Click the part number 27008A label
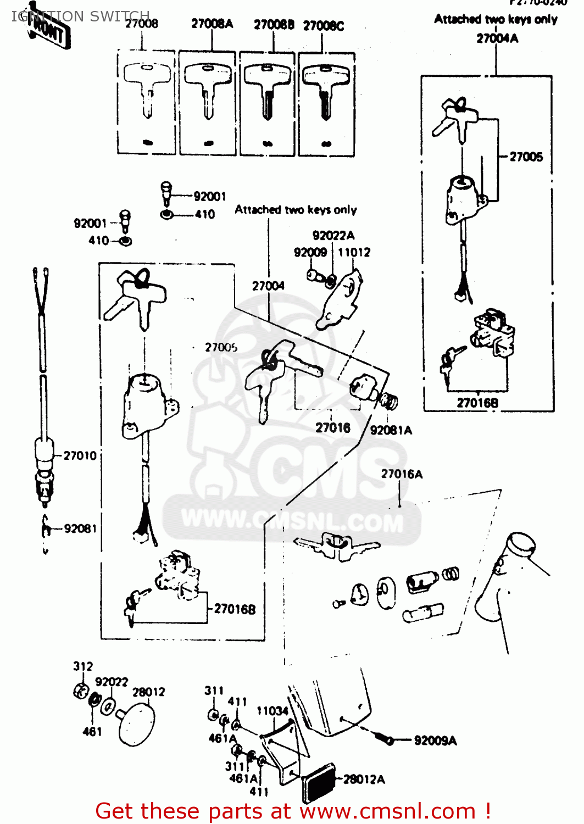click(212, 24)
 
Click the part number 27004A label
click(497, 38)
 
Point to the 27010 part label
click(80, 455)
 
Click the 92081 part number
click(80, 528)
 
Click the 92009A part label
click(435, 741)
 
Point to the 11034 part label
click(272, 711)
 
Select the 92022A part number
click(333, 235)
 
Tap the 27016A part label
click(402, 474)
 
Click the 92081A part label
click(391, 430)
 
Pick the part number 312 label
click(83, 666)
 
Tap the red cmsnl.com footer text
click(293, 811)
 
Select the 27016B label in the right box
click(477, 403)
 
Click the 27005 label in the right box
click(526, 157)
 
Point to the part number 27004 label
click(268, 286)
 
